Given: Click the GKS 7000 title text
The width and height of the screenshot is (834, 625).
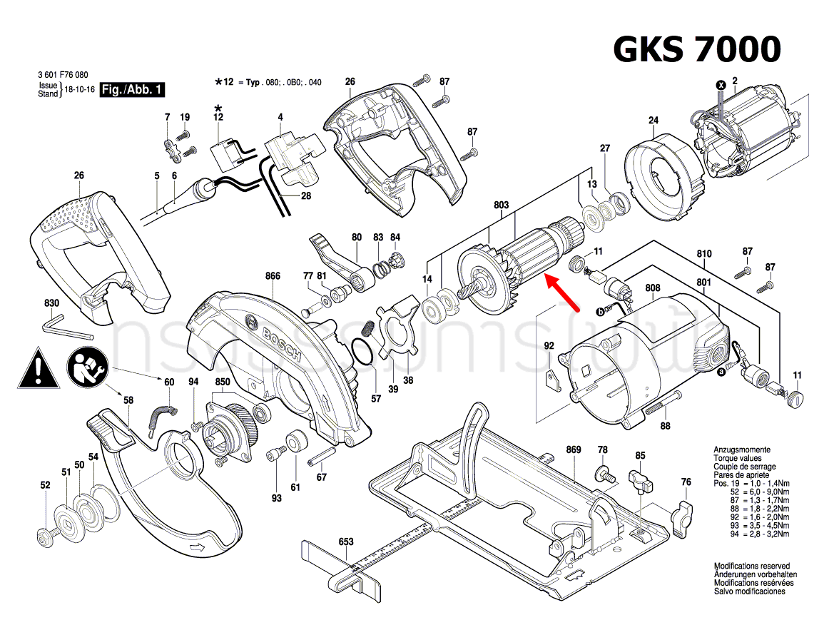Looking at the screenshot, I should (696, 50).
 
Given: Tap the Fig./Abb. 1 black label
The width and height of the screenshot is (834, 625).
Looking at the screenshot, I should (133, 90).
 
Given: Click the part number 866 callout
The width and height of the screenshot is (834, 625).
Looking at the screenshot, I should (273, 276).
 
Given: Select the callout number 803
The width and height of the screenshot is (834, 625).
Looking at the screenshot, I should (501, 205).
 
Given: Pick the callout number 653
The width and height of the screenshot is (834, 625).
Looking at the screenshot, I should (345, 542).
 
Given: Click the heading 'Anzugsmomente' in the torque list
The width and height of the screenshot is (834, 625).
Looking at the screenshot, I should (738, 449).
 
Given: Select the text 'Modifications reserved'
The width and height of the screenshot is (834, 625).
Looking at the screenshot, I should (751, 565).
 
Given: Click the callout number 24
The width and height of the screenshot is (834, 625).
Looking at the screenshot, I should (653, 121).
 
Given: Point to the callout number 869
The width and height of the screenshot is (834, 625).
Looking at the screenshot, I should (574, 450).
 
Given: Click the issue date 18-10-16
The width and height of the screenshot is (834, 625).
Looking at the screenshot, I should (79, 91).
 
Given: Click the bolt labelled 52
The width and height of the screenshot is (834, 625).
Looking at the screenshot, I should (45, 533).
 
